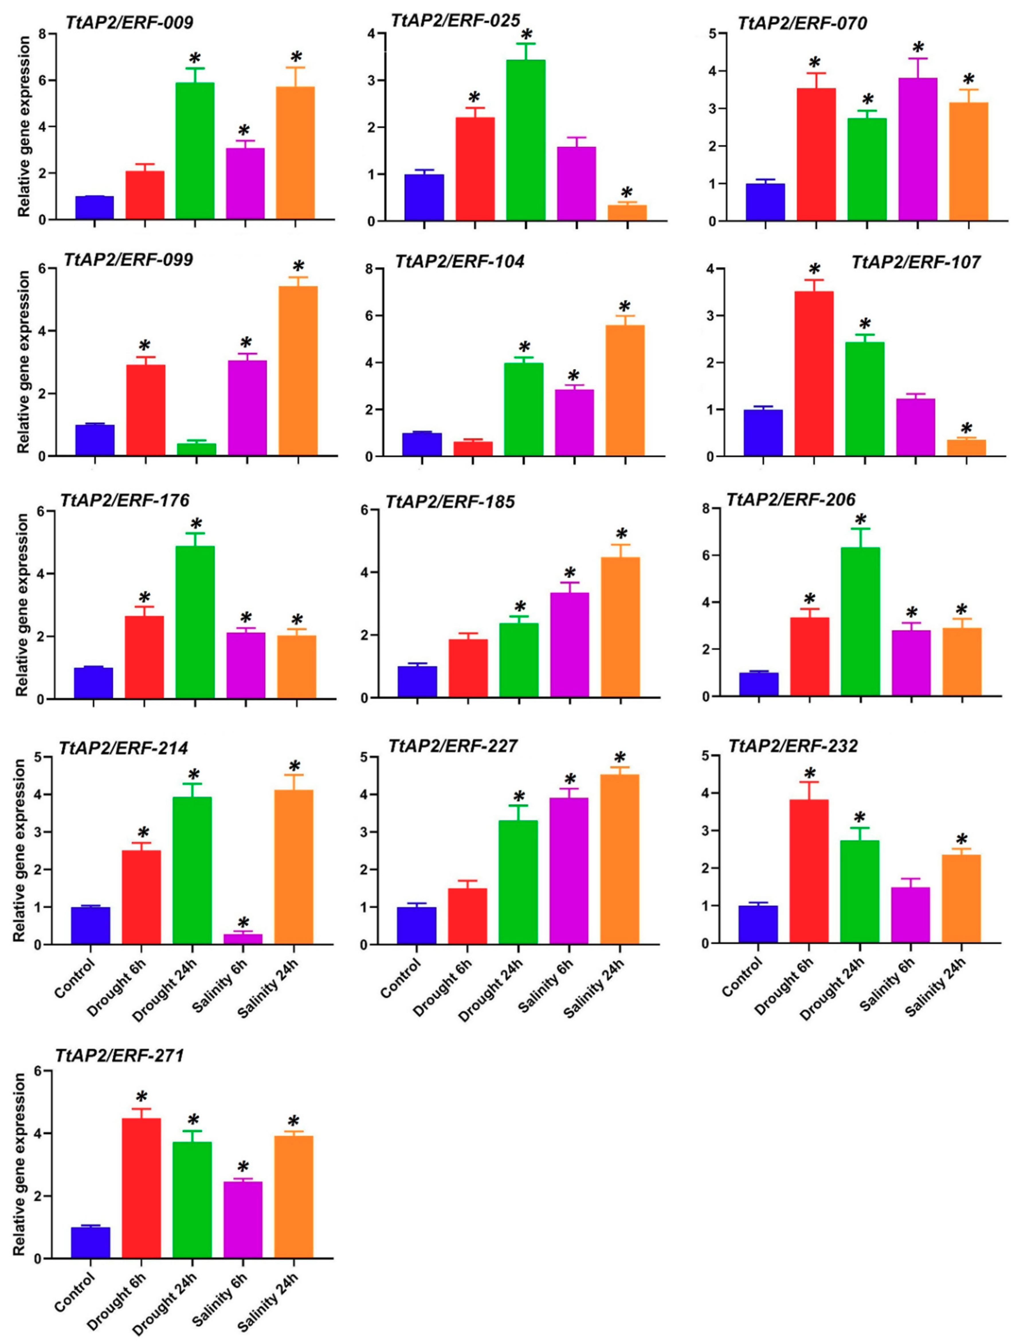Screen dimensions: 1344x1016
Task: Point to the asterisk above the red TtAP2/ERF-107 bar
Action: coord(814,270)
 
